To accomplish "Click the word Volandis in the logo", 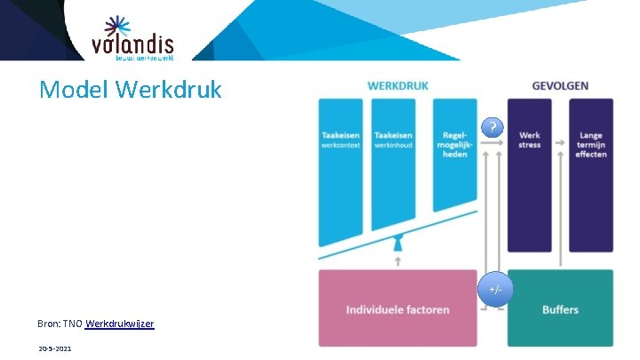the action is click(132, 44).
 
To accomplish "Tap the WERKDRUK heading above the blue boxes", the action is click(397, 86).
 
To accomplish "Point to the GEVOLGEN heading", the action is click(560, 86).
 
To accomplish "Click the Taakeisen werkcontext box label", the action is click(341, 140).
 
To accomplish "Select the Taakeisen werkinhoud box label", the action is click(393, 140).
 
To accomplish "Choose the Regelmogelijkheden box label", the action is click(454, 145).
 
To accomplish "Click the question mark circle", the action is click(493, 127).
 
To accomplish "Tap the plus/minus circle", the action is click(495, 290).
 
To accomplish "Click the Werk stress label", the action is click(531, 140).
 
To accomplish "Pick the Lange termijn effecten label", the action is click(590, 145).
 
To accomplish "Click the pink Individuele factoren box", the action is click(397, 309).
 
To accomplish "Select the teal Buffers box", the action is click(560, 309).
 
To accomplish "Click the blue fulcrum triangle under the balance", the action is click(398, 243).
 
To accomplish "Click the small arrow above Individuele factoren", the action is click(398, 261).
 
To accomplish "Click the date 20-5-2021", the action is click(55, 348).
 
